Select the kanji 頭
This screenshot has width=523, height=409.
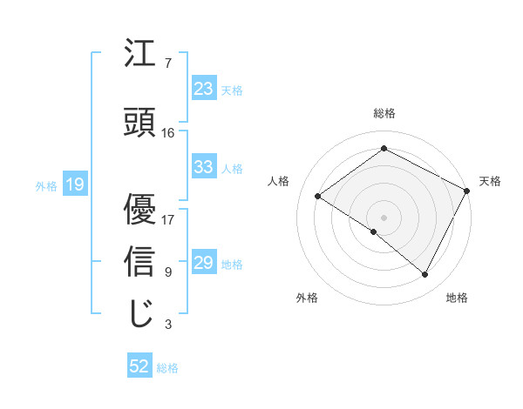140,123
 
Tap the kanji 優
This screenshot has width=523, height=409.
140,210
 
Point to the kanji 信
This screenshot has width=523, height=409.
140,262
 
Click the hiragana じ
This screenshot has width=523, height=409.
140,312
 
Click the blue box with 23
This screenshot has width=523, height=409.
204,89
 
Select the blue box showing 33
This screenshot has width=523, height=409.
204,167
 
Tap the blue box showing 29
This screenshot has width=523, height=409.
204,263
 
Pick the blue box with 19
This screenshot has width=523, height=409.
75,184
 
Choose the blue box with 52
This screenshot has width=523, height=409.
139,366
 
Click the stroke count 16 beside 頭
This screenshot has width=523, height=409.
168,133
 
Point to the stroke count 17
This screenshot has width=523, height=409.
168,219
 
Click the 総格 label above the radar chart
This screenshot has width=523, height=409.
384,113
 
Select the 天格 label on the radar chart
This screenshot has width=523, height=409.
490,181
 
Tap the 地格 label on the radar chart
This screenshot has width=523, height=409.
457,298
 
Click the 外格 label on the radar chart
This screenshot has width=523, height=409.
307,298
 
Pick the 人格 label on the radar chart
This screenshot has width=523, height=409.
278,181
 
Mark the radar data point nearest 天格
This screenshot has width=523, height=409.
466,191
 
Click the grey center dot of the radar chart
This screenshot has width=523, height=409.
384,217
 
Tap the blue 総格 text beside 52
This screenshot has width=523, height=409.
168,368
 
